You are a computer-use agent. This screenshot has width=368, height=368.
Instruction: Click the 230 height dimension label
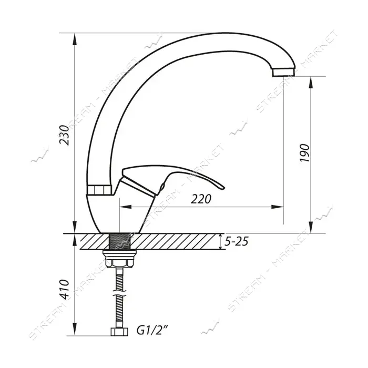coord(64,135)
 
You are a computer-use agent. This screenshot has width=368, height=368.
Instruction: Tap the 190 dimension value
coord(305,153)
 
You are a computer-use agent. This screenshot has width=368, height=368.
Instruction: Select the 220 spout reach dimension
coord(201,199)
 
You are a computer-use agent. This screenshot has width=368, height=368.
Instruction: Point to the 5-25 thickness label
coord(237,241)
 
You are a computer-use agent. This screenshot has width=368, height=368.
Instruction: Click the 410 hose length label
coord(64,289)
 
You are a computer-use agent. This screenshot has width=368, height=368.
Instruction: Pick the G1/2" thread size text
coord(152,331)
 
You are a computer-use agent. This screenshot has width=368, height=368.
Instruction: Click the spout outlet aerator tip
coord(283,73)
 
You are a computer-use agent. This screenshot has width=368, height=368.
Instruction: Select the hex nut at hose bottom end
coord(119,332)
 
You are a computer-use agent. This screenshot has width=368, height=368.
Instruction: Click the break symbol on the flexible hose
coord(119,295)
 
